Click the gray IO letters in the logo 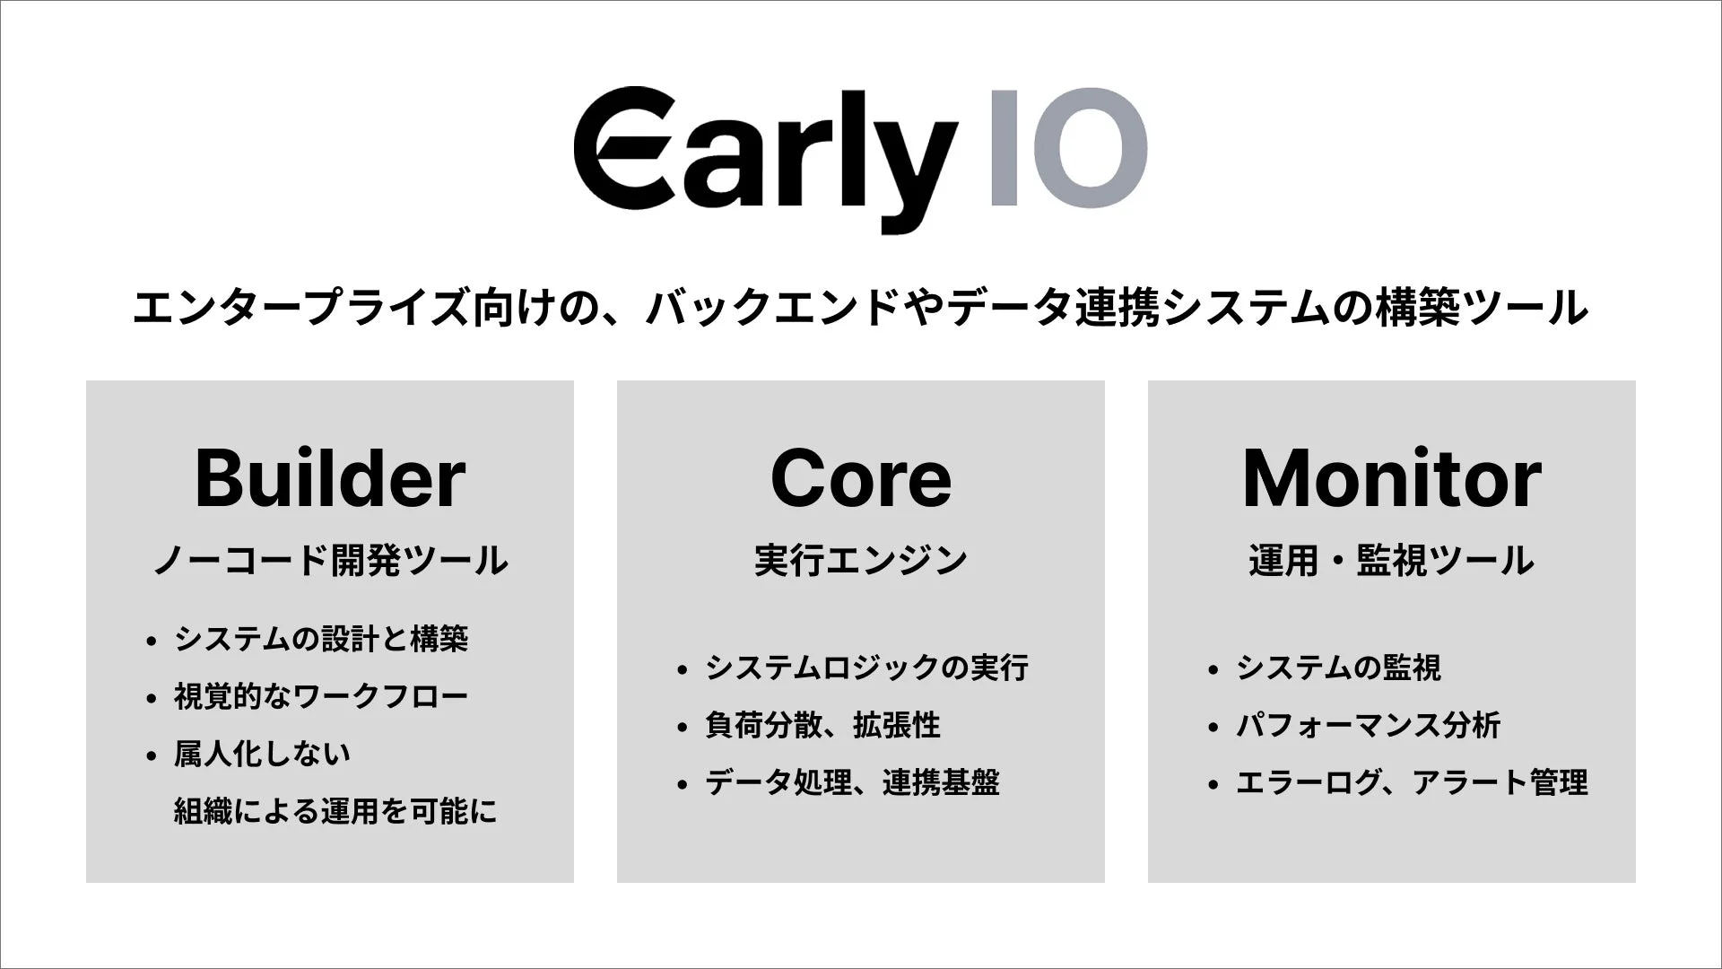coord(1068,148)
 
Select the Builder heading coord(330,479)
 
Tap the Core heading coord(861,479)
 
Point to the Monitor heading coord(1391,479)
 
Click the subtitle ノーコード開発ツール coord(330,561)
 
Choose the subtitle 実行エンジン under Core coord(861,561)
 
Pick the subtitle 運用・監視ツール coord(1391,561)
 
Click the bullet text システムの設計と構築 coord(321,640)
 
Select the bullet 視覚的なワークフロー coord(321,697)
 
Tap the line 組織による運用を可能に coord(335,812)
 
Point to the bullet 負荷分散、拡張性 coord(822,726)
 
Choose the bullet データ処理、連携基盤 coord(852,783)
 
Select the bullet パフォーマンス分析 coord(1368,726)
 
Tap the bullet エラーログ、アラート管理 coord(1412,783)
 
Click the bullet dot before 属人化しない coord(151,755)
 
